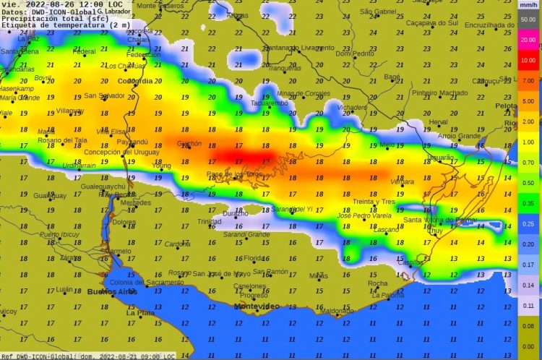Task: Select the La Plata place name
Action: click(x=140, y=313)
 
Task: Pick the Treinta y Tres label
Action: click(x=374, y=202)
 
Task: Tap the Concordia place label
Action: click(x=134, y=81)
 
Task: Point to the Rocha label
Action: click(x=378, y=283)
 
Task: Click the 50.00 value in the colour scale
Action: click(x=528, y=20)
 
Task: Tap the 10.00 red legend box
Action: click(x=528, y=60)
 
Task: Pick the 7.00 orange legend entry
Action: click(x=528, y=80)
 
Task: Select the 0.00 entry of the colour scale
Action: click(x=528, y=346)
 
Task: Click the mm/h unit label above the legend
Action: click(x=528, y=5)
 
